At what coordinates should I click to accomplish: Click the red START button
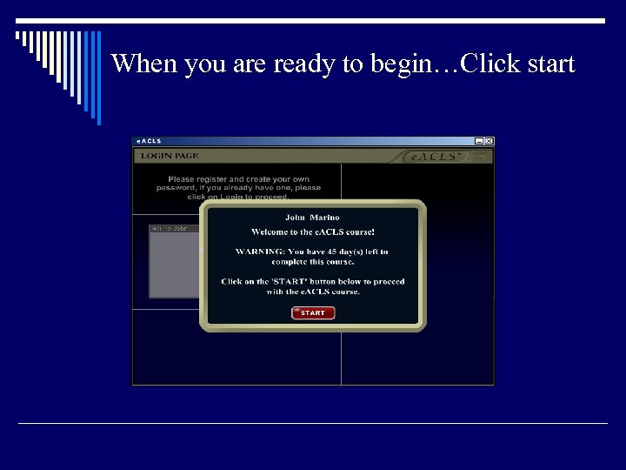313,312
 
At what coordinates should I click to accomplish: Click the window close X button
489,141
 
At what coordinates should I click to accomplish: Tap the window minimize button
479,141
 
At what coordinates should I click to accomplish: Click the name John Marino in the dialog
312,217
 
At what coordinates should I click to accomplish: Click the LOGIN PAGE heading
170,156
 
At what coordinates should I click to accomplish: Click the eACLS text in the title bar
149,141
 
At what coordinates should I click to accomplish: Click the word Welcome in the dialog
270,232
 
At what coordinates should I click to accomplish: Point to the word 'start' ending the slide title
548,64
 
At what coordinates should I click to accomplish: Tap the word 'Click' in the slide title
489,64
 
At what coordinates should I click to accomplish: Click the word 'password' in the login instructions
176,187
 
